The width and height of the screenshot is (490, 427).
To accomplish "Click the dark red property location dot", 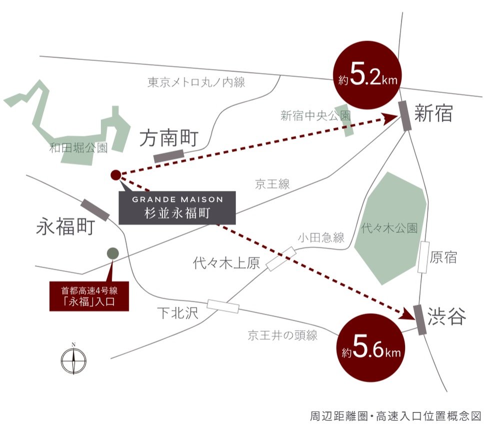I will tap(115, 174).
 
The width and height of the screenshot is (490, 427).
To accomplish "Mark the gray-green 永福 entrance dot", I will tap(112, 253).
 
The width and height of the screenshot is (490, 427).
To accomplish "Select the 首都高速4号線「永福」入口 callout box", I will tap(89, 295).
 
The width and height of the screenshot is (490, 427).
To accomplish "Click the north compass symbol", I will tap(73, 360).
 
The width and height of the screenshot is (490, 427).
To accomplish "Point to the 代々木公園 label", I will tap(389, 228).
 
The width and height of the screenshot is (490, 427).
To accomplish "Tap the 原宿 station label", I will tap(444, 257).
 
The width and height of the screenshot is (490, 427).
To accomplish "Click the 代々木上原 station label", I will tap(227, 263).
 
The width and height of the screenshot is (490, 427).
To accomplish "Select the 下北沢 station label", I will tap(178, 313).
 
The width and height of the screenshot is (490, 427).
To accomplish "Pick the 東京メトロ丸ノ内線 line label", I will tap(196, 82).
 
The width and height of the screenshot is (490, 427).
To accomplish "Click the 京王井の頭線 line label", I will tap(283, 335).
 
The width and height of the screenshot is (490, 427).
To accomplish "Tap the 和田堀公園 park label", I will tap(79, 147).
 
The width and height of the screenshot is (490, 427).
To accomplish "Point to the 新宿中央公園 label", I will tap(315, 116).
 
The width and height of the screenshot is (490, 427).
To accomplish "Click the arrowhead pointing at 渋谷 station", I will tap(407, 314).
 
